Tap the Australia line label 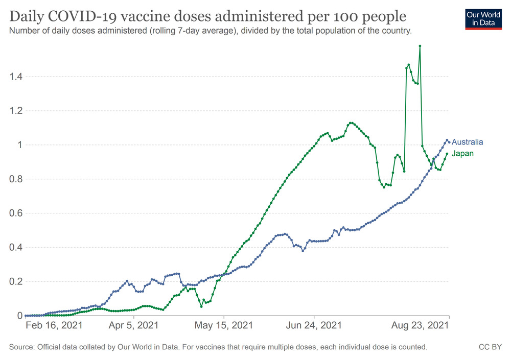tap(467, 142)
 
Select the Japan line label tap(462, 153)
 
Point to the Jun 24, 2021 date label tap(315, 325)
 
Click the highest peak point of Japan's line tap(420, 46)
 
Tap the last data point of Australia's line tap(449, 142)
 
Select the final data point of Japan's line tap(447, 154)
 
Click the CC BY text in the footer tap(490, 347)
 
